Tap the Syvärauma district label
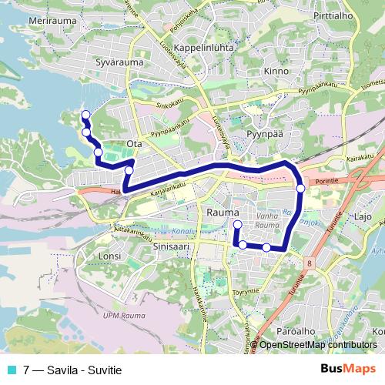point(121,61)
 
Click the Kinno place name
point(275,71)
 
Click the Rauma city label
point(224,212)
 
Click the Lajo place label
point(363,218)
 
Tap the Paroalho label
point(296,330)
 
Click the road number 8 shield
point(309,263)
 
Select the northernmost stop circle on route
point(85,115)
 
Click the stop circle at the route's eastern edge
point(300,188)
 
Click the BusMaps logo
point(348,370)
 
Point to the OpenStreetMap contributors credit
point(318,346)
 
